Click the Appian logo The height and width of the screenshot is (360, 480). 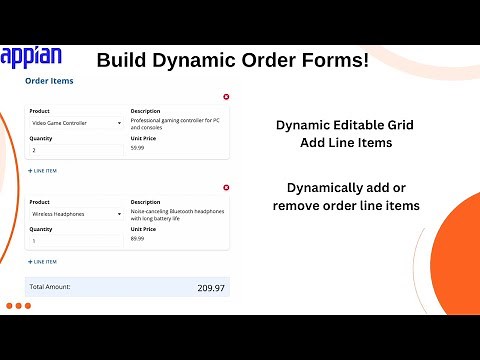pos(32,56)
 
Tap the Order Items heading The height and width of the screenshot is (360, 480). pos(49,81)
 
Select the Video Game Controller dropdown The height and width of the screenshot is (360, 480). pos(76,123)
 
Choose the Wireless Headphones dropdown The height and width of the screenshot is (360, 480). pos(76,214)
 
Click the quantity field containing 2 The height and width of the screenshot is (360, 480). pos(76,150)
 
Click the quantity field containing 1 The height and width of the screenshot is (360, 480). pos(76,241)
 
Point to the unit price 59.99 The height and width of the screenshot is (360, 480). pos(137,148)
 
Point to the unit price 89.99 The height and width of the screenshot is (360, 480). pos(137,239)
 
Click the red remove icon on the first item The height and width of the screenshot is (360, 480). pos(226,97)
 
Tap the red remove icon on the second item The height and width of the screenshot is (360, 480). pos(226,188)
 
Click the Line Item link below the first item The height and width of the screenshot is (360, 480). pos(43,171)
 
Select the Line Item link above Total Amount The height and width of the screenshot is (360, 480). pos(43,262)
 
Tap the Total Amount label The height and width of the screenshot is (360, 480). pos(50,287)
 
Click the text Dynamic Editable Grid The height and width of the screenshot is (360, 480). pos(344,126)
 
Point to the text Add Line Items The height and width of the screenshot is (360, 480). pos(344,143)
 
